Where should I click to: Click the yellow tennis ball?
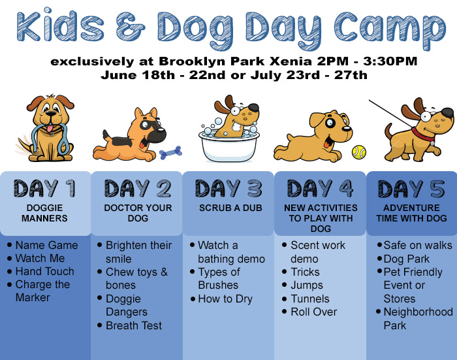(x=359, y=152)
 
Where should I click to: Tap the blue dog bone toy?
(x=171, y=153)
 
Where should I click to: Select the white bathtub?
(x=229, y=146)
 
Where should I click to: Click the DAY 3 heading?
(x=228, y=188)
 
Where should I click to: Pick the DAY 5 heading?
(x=411, y=189)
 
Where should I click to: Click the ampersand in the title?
(x=131, y=27)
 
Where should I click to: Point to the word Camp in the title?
(x=390, y=29)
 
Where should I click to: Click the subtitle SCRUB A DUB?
(x=230, y=208)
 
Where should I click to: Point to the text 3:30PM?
(x=390, y=61)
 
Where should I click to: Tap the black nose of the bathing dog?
(x=253, y=107)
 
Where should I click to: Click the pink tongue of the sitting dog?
(x=50, y=128)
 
